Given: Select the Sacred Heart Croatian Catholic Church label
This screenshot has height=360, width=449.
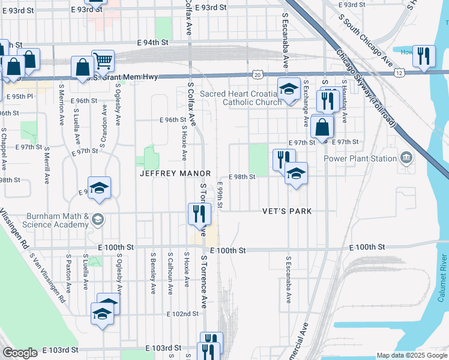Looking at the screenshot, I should tap(240, 98).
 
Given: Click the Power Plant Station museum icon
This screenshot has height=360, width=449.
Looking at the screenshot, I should tap(406, 158).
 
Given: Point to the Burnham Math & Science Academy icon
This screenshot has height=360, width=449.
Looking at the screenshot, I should tap(96, 220).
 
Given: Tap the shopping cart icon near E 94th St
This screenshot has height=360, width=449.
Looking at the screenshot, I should tap(103, 60).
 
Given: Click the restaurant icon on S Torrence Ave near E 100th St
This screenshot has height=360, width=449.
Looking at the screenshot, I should tap(199, 213).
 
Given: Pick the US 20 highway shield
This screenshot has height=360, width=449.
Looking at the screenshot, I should tap(257, 74).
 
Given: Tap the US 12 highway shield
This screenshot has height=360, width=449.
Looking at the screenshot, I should tap(399, 73).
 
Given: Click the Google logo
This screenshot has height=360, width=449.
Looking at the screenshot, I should tap(20, 353).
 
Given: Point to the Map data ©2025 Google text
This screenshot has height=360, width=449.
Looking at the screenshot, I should tap(412, 355).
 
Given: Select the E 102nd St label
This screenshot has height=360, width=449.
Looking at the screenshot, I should tap(182, 314).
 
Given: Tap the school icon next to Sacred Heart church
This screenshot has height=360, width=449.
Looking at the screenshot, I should tap(289, 89).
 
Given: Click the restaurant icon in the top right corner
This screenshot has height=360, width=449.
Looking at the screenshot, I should tap(425, 56).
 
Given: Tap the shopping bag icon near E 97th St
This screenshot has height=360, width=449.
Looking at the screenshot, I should tap(322, 127).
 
